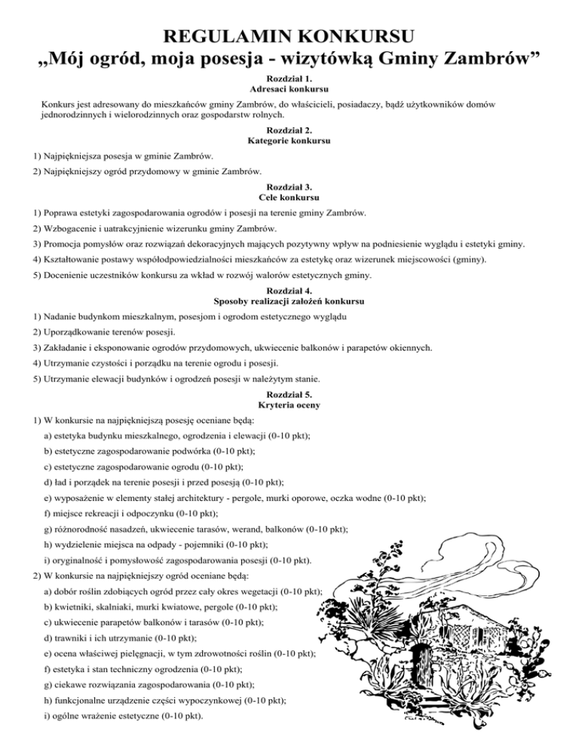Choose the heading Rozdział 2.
(x=289, y=129)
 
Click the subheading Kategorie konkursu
(x=289, y=140)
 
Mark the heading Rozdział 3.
(x=289, y=186)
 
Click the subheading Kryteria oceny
(x=289, y=405)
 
